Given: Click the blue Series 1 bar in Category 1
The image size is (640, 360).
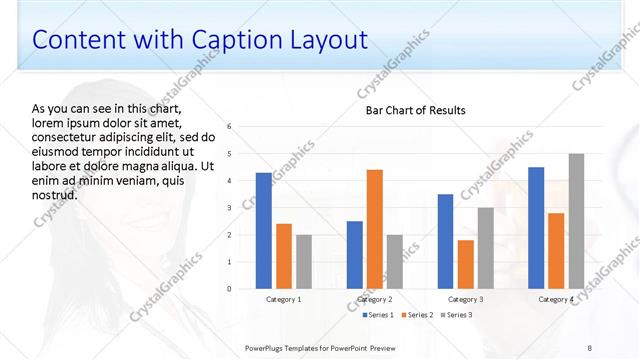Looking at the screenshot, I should [x=264, y=231].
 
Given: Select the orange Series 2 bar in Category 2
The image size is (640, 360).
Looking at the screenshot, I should [x=375, y=229].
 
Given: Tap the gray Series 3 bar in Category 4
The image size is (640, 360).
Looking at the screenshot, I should [x=576, y=221].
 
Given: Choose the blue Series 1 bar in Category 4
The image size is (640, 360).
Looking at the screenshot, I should [x=536, y=228].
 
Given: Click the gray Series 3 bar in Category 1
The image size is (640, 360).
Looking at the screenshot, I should [x=303, y=262].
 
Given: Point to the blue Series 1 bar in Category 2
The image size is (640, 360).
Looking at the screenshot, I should [x=355, y=255].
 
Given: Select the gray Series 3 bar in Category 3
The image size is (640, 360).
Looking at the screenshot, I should [x=485, y=248].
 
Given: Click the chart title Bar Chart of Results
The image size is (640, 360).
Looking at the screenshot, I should [x=415, y=110].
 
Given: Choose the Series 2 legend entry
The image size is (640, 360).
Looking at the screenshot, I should [x=415, y=315].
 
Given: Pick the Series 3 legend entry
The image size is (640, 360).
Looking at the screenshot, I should [x=456, y=315].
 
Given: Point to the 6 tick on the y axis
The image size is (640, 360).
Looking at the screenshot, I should [x=230, y=127].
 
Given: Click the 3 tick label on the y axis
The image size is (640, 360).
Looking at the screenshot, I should [x=230, y=208].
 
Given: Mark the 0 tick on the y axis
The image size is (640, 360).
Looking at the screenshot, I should [x=230, y=289].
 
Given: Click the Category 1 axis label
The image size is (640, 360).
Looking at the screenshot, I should [x=284, y=299].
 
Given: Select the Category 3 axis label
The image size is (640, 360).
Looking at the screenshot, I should [x=466, y=299].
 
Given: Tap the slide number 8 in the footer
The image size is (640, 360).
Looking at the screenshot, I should [x=590, y=347].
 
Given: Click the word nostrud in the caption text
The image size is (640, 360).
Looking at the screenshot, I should [x=55, y=194].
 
